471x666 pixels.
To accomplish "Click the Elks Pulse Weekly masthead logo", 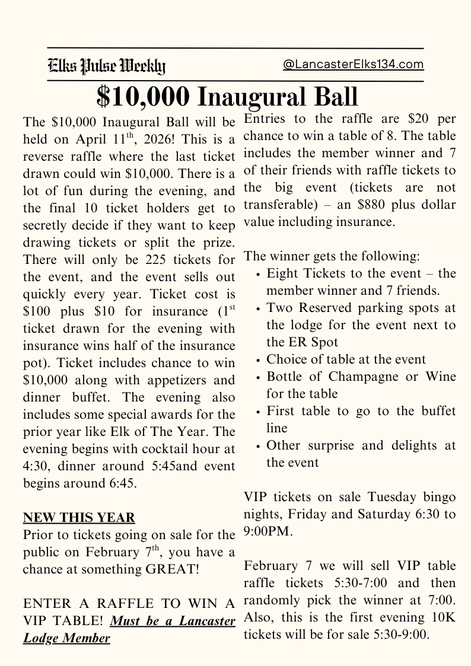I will pyautogui.click(x=107, y=66).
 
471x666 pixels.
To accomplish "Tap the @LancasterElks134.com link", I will pyautogui.click(x=354, y=65).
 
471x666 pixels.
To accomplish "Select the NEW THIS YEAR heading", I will pyautogui.click(x=79, y=518).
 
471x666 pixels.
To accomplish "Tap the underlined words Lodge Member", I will pyautogui.click(x=67, y=638).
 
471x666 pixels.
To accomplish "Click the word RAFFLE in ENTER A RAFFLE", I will pyautogui.click(x=127, y=604).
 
